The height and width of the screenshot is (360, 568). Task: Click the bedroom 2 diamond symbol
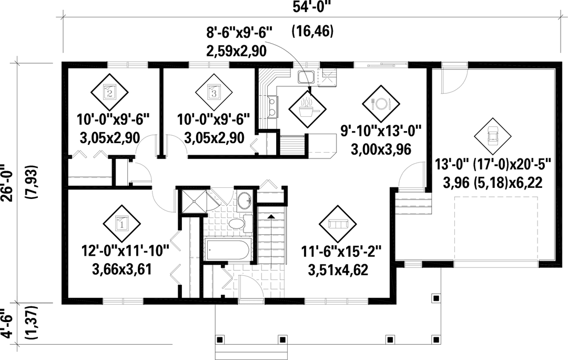pos(109,93)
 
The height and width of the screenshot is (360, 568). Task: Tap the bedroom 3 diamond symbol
pos(214,93)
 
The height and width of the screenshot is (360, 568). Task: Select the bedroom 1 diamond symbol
pos(121,224)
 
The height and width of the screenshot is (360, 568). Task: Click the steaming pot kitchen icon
pos(307,108)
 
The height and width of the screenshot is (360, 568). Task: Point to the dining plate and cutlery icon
pos(381,104)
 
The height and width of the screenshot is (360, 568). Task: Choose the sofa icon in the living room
pos(337,224)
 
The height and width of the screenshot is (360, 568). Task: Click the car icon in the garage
pos(493,136)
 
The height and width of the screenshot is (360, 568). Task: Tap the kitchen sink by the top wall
pos(306,77)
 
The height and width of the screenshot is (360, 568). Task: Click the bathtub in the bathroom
pos(227,249)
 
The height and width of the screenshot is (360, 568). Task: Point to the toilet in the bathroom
pos(242,223)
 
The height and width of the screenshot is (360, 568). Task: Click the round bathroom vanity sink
pos(246,200)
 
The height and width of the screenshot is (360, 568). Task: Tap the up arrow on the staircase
pos(271,216)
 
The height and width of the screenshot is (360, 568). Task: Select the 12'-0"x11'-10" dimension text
pos(126,251)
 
